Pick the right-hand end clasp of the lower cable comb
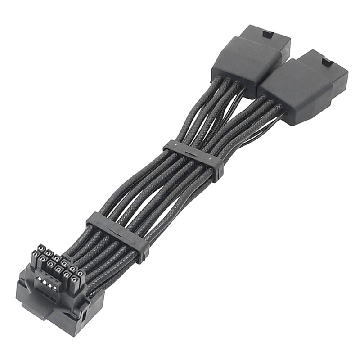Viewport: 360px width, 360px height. (143, 251)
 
